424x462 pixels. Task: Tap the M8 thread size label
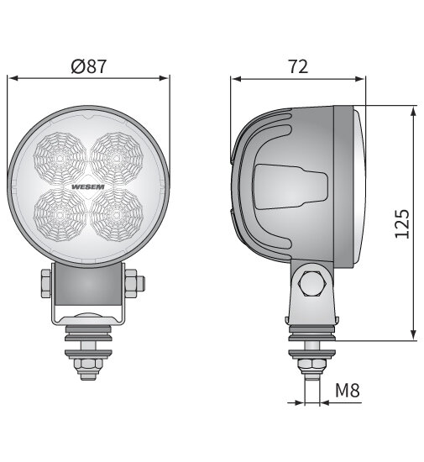click(x=348, y=390)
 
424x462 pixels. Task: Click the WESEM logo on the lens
click(x=88, y=187)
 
